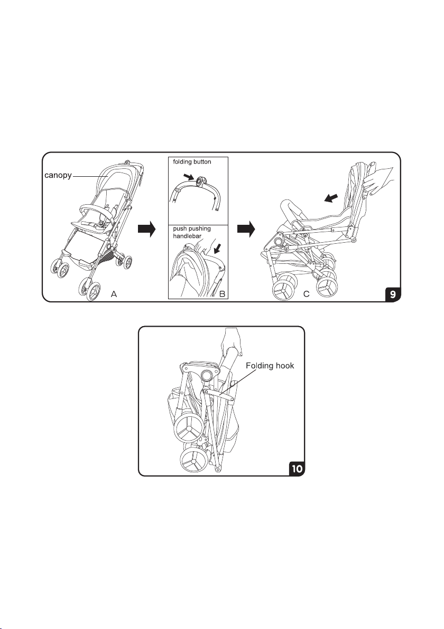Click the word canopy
point(58,176)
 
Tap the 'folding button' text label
point(192,162)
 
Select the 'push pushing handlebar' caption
point(192,232)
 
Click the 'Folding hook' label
point(270,366)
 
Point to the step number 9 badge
point(392,294)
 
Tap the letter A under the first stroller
point(114,294)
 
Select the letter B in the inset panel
point(222,294)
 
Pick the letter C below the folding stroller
point(306,294)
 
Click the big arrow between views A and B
point(146,228)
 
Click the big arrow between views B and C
point(246,228)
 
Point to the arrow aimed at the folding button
point(189,177)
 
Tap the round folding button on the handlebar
point(200,183)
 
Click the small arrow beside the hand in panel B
point(218,250)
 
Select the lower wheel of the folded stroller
point(193,463)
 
